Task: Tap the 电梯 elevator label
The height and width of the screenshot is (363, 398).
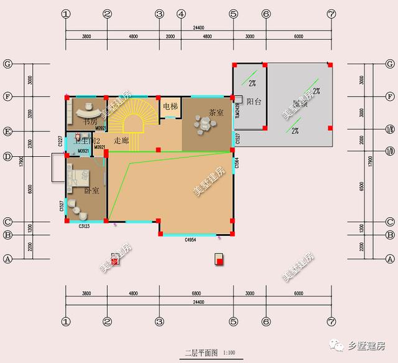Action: pos(170,107)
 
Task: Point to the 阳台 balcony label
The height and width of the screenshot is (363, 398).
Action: pos(253,101)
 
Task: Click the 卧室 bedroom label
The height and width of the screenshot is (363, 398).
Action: pos(91,191)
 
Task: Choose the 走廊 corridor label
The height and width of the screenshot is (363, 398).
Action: pos(121,140)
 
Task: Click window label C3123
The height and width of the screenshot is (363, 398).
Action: pos(86,227)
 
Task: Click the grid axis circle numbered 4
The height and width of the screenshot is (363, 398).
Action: pos(180,14)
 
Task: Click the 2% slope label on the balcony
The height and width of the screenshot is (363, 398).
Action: pos(252,83)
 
